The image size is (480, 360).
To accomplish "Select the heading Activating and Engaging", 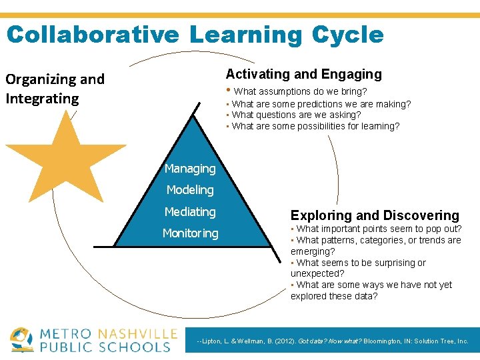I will [303, 74].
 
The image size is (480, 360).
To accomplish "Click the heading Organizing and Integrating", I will [55, 89].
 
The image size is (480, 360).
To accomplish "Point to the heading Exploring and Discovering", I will [375, 215].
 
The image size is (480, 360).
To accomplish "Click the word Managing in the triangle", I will [190, 169].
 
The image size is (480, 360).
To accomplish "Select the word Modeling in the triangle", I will [190, 190].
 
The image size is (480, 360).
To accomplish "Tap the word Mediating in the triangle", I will [190, 212].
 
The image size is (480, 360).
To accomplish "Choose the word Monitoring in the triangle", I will [190, 233].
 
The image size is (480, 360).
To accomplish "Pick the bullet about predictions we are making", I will [321, 104].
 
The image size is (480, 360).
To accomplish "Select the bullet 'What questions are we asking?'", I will [296, 115].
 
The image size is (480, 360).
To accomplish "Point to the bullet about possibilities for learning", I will [315, 126].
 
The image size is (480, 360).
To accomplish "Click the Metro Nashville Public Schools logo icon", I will [22, 339].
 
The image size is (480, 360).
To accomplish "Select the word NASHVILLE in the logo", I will [138, 333].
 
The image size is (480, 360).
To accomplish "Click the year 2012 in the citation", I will [279, 341].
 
